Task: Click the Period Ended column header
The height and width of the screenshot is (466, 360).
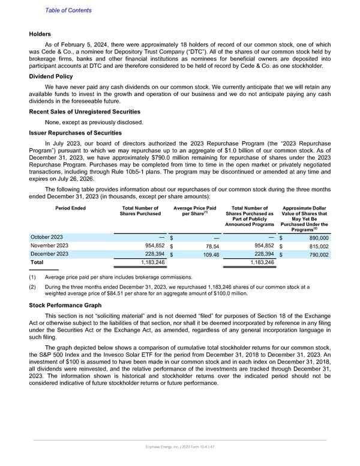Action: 70,208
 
